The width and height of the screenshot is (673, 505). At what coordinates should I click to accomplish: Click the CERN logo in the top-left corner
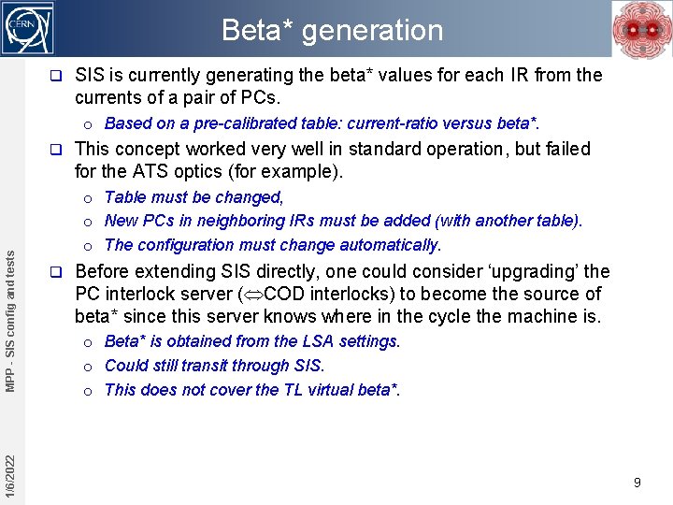(28, 28)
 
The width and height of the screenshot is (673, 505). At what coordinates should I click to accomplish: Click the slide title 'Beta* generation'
(332, 30)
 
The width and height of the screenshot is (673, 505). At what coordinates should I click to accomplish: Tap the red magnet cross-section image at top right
(640, 29)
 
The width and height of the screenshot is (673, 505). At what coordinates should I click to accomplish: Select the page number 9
(637, 483)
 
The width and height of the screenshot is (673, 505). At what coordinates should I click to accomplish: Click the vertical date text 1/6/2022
(9, 475)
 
